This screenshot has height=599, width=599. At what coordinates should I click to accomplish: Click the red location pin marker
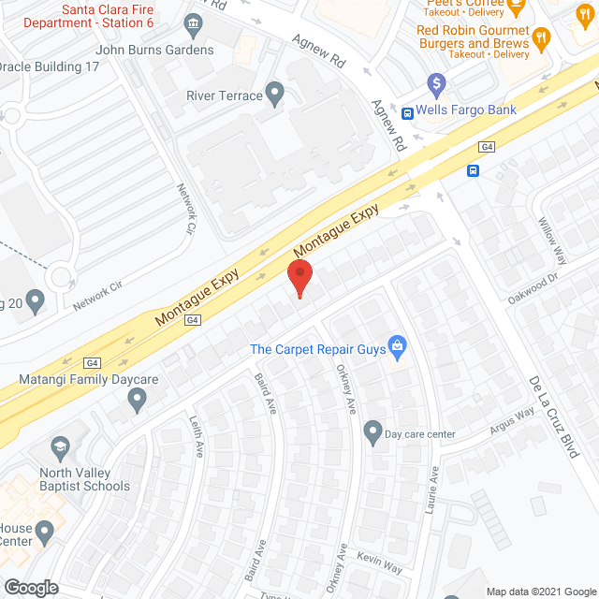pos(299,279)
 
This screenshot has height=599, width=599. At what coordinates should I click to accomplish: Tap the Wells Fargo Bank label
pos(466,110)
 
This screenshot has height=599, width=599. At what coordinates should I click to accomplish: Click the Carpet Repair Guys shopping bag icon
pos(397,346)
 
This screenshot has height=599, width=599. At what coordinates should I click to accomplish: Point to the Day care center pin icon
pos(373,432)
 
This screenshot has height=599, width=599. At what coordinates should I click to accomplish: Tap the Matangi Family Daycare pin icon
pos(138,401)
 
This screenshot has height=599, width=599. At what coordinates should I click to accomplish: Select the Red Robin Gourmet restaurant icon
pos(542,38)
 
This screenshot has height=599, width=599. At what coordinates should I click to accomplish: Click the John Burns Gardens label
pos(154,50)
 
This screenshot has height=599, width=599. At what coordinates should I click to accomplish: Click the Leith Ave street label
pos(197,436)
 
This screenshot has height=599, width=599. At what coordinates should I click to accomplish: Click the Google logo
pos(31,587)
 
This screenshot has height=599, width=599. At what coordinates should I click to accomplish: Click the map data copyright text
pos(539,591)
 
